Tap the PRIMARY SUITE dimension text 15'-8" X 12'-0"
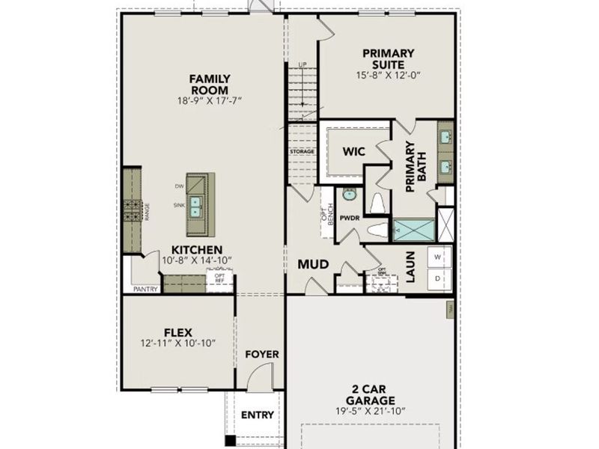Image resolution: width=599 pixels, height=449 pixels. pyautogui.click(x=388, y=75)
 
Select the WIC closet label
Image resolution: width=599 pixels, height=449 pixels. pyautogui.click(x=353, y=151)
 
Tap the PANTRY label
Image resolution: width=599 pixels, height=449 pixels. pyautogui.click(x=145, y=288)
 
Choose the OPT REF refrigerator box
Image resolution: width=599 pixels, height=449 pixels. pyautogui.click(x=220, y=278)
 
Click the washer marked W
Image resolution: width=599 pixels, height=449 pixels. pyautogui.click(x=438, y=255)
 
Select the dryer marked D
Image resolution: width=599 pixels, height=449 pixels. pyautogui.click(x=438, y=278)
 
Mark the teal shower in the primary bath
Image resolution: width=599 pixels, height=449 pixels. pyautogui.click(x=413, y=229)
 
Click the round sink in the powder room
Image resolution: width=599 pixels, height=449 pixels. pyautogui.click(x=350, y=195)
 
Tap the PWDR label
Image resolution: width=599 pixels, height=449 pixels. pyautogui.click(x=349, y=219)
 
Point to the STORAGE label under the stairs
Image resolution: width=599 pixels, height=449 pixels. pyautogui.click(x=302, y=151)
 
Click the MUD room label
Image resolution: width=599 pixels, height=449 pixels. pyautogui.click(x=314, y=264)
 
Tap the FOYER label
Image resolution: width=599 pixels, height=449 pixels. pyautogui.click(x=261, y=354)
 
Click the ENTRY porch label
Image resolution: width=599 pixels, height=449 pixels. pyautogui.click(x=257, y=415)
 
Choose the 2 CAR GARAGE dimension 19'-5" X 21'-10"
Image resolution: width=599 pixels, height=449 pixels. pyautogui.click(x=371, y=412)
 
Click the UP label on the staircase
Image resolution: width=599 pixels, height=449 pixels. pyautogui.click(x=302, y=65)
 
